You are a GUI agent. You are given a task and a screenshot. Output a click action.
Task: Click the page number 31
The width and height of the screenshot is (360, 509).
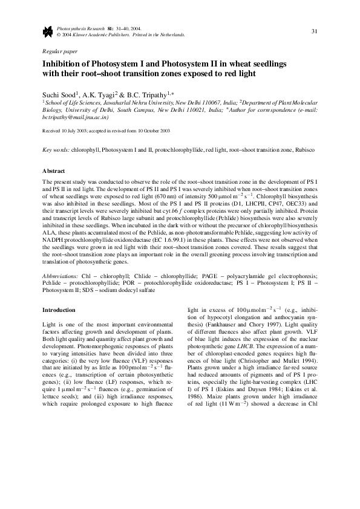(x=315, y=31)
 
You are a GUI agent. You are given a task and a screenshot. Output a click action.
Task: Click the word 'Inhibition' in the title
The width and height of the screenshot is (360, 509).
(x=63, y=63)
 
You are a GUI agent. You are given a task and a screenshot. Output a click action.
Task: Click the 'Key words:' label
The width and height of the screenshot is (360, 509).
(x=56, y=149)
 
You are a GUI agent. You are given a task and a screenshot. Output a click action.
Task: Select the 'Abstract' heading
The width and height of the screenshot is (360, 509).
(x=53, y=171)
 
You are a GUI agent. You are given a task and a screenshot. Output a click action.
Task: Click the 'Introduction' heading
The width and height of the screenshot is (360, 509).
(x=58, y=310)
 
